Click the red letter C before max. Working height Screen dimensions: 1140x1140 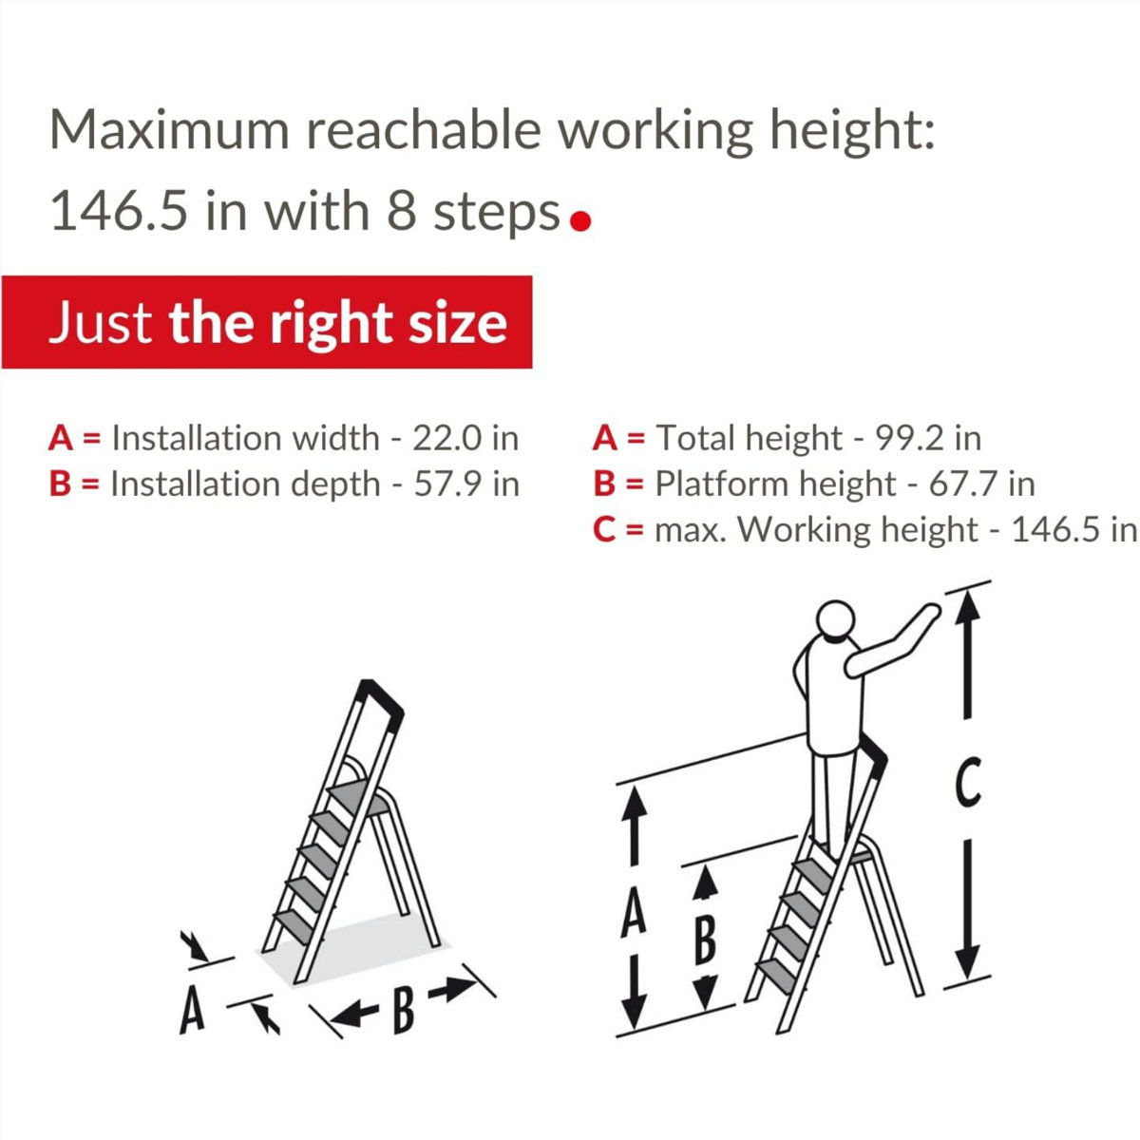605,529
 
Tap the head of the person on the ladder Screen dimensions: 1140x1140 837,621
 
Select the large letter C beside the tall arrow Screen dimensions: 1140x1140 967,784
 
